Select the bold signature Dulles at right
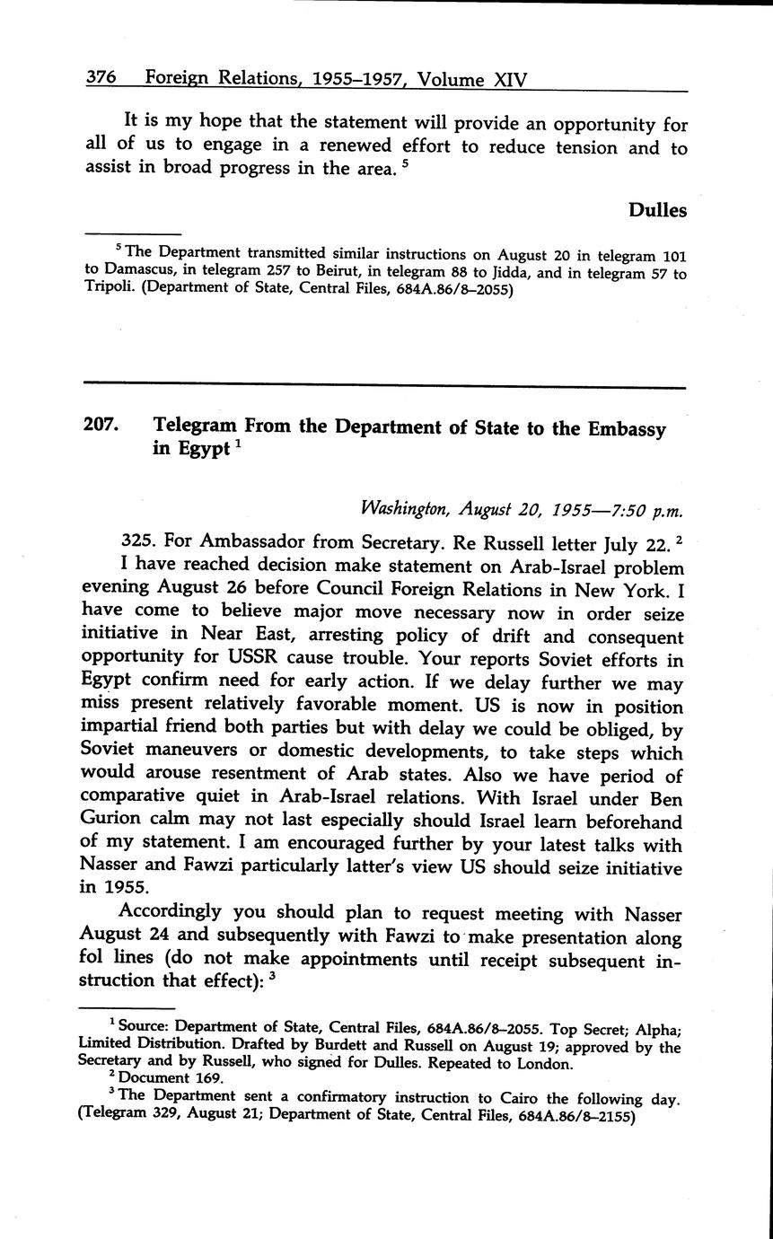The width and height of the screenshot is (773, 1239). tap(657, 210)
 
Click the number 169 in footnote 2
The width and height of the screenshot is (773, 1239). tap(196, 1078)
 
